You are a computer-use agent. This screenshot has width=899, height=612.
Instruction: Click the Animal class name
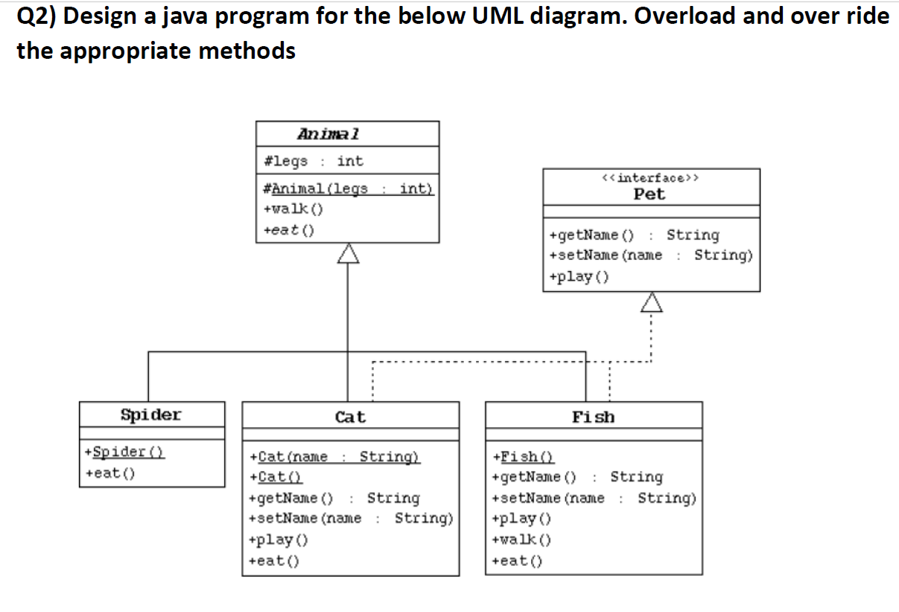328,134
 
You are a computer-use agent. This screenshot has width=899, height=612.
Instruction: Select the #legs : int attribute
314,161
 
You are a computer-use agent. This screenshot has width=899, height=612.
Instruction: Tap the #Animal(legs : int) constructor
348,188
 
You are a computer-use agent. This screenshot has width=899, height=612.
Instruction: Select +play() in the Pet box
579,277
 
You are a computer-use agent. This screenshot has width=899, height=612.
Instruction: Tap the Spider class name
150,415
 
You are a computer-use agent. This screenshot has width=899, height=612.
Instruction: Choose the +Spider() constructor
124,452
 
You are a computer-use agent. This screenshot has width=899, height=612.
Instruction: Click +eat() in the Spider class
109,473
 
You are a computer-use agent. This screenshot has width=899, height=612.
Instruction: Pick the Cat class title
350,417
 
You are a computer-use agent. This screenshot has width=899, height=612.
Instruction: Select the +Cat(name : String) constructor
334,456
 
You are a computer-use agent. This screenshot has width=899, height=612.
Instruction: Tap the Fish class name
593,417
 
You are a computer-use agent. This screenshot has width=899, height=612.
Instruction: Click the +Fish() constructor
524,456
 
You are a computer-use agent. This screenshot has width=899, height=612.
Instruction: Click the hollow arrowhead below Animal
348,254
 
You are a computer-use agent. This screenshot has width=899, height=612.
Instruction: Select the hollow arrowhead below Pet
652,302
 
